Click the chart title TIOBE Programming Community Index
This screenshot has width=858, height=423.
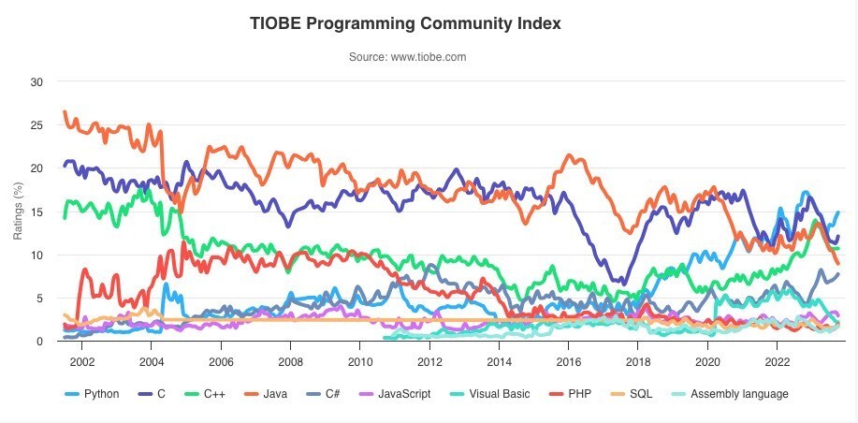tap(405, 23)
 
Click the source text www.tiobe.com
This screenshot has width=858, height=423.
tap(407, 57)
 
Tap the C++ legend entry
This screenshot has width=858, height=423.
tap(214, 394)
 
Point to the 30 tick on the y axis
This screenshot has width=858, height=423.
tap(37, 81)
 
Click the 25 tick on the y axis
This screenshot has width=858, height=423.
tap(37, 124)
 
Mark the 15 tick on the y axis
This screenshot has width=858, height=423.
tap(37, 211)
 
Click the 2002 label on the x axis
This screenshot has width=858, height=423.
tap(81, 362)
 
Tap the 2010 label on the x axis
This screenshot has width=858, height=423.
tap(359, 362)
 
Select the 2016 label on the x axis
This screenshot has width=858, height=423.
tap(568, 362)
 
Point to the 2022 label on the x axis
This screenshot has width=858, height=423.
tap(778, 362)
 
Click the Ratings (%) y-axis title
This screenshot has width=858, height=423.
tap(18, 211)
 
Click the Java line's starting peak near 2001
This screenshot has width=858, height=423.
tap(65, 112)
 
